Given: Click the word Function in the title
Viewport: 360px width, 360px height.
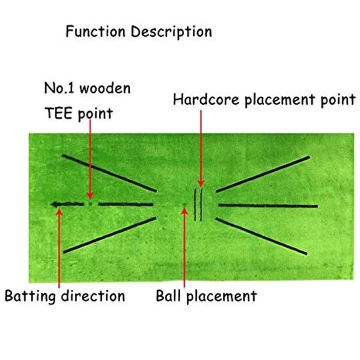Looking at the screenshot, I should coord(95,32).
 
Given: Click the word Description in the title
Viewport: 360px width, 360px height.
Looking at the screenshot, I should coord(172,32).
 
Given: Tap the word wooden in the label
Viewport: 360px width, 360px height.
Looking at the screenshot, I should coord(104,88).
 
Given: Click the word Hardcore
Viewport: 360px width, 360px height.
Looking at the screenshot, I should coord(207,100).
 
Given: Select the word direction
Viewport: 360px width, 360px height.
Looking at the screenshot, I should coord(93,296).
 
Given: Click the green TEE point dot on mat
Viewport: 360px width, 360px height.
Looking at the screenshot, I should coord(90,204).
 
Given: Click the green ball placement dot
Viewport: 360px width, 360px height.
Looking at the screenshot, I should coord(184,205).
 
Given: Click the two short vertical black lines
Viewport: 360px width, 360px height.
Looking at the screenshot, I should coord(198,205).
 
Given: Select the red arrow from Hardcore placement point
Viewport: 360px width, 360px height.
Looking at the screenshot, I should coord(201,148).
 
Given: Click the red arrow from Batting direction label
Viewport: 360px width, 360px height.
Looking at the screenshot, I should coord(59,246).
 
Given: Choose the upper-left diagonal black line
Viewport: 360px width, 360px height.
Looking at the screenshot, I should coord(109,173).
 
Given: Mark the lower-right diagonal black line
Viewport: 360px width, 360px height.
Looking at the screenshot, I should coord(261,236).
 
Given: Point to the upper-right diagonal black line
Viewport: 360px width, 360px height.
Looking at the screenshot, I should coord(263,174).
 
